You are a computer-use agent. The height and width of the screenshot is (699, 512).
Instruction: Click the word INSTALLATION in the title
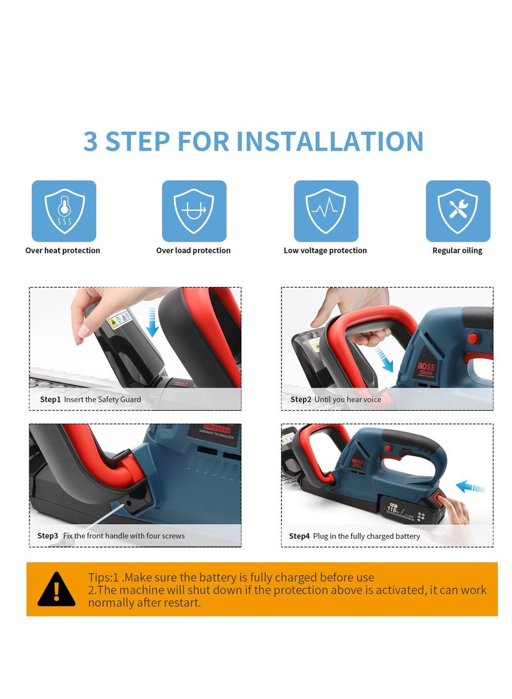click(330, 142)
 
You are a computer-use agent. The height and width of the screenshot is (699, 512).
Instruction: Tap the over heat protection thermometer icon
click(63, 211)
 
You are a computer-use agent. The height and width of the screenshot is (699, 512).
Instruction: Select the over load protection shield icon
click(194, 211)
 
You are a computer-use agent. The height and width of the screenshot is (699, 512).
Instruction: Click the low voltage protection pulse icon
click(326, 211)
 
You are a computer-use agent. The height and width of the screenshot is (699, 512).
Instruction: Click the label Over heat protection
click(63, 251)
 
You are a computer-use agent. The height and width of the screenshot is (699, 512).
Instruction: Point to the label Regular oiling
click(457, 251)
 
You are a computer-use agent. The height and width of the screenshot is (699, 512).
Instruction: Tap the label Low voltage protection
click(326, 251)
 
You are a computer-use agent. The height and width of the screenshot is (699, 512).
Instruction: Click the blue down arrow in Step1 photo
click(152, 322)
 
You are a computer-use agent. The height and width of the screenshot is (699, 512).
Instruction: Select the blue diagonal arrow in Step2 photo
click(384, 360)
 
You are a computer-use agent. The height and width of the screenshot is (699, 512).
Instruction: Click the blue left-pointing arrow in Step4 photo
click(470, 486)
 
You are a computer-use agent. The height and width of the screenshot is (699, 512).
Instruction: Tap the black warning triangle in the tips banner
click(56, 589)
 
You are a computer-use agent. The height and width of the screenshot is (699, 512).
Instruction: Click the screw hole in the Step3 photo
click(129, 502)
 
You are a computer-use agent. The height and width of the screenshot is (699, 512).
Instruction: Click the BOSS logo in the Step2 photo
click(426, 367)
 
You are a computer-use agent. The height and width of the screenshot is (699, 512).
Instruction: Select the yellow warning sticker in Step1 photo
click(115, 321)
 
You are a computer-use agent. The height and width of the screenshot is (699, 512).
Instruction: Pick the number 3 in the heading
click(90, 142)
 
